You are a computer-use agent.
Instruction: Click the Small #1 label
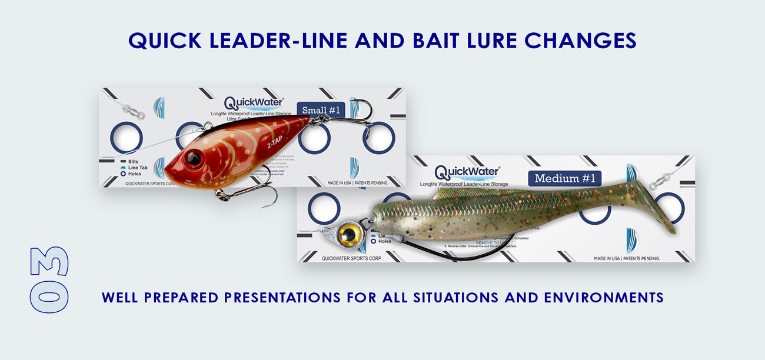(x=321, y=110)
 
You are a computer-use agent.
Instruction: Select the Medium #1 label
(x=566, y=178)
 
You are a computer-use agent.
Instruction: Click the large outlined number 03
(x=49, y=279)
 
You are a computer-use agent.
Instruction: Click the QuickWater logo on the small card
(x=254, y=102)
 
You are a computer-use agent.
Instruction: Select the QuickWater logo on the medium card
(x=467, y=172)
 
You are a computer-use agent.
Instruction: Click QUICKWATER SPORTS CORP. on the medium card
(x=351, y=258)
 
